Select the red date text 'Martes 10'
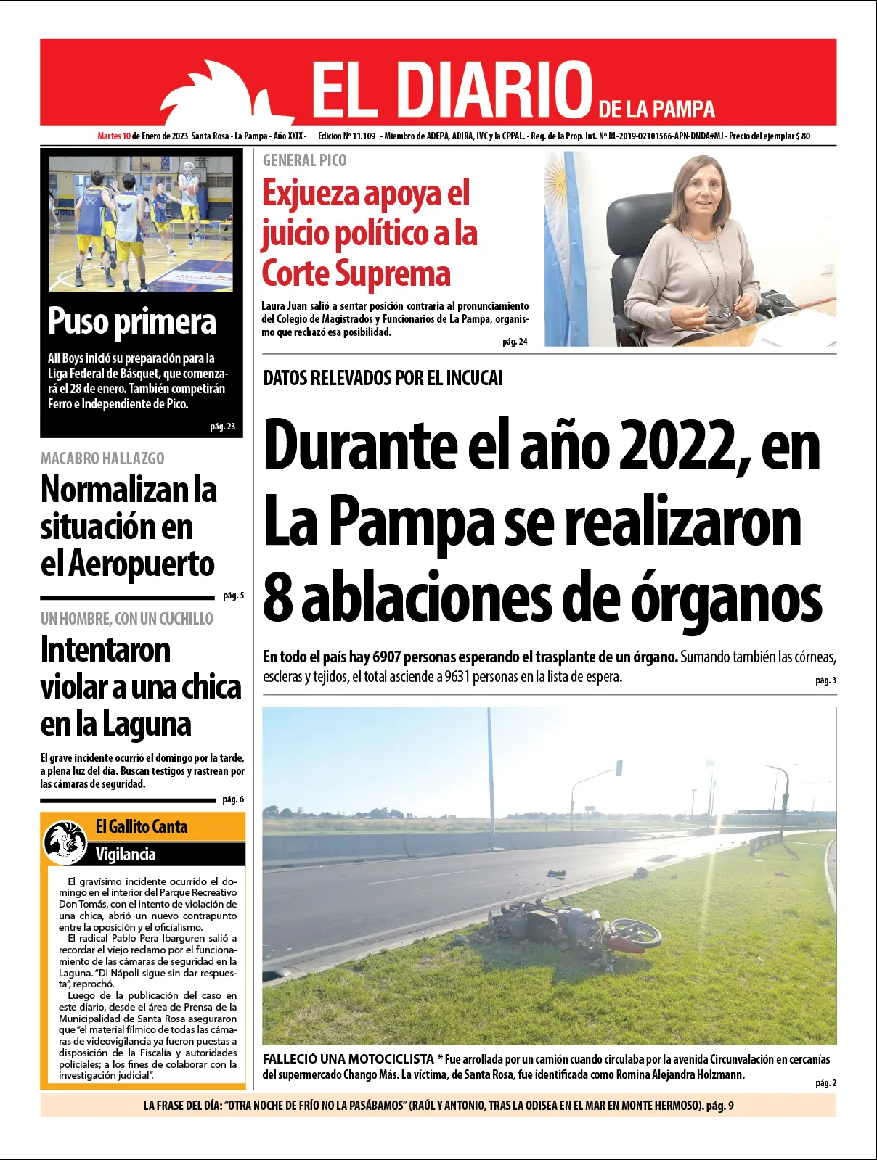click(114, 136)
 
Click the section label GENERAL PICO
click(304, 160)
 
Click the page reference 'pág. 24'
click(515, 341)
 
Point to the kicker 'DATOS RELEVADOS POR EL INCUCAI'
click(383, 378)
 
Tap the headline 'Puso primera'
click(132, 321)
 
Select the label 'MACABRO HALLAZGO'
click(102, 458)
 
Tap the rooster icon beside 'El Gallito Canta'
click(65, 842)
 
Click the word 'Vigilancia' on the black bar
click(126, 854)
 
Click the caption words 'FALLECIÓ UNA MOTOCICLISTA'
click(348, 1059)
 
